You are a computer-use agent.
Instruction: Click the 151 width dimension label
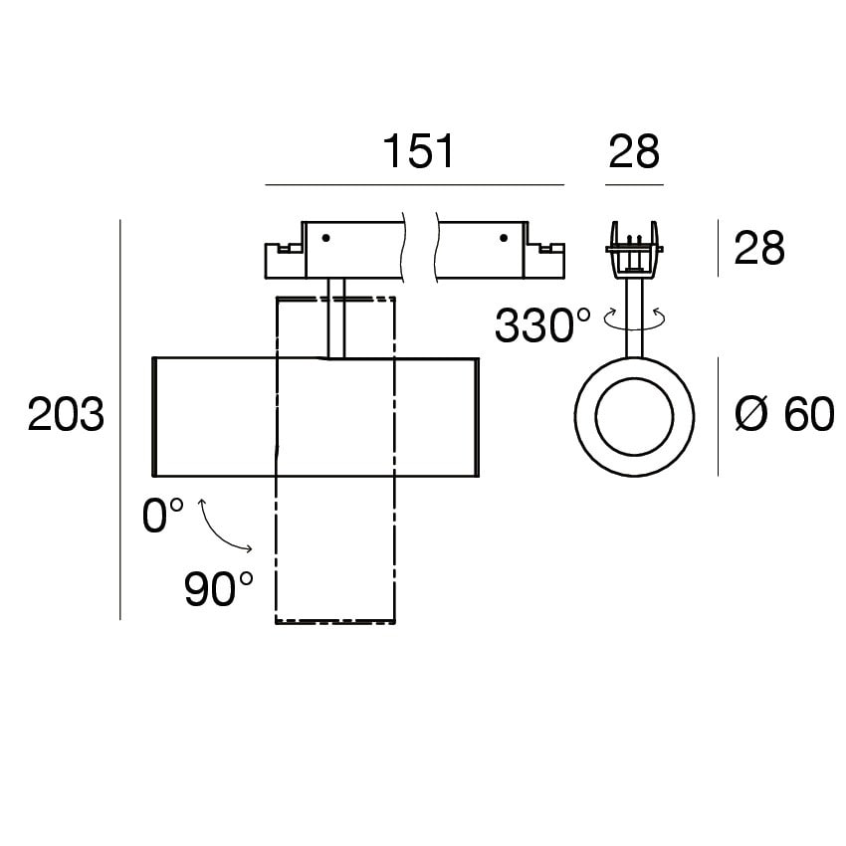(x=418, y=151)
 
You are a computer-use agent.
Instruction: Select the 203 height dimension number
(x=66, y=414)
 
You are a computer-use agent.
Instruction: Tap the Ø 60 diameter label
(x=784, y=414)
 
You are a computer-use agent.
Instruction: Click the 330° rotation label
(x=542, y=325)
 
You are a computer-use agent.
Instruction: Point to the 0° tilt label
(x=163, y=515)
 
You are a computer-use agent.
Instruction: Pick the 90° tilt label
(x=219, y=588)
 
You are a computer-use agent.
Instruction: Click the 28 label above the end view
(x=634, y=151)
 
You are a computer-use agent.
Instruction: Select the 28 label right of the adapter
(x=759, y=248)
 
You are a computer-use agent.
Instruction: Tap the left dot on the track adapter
(x=325, y=238)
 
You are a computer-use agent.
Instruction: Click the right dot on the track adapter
(x=504, y=238)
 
